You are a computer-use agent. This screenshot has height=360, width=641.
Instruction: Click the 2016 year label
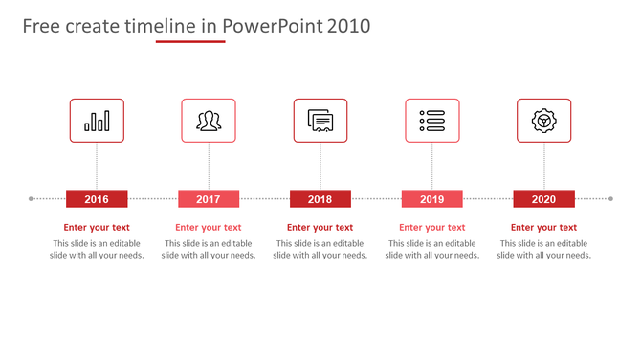pos(97,199)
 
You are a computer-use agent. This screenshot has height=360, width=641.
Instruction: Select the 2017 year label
pos(209,199)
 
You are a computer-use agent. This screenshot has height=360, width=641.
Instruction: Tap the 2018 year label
pos(320,199)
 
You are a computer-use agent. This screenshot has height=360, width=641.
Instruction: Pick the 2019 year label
pos(431,199)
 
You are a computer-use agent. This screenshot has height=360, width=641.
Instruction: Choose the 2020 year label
pos(543,199)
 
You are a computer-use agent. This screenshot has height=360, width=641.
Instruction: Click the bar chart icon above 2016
pos(97,121)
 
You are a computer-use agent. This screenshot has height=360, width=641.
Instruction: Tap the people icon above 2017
pos(209,121)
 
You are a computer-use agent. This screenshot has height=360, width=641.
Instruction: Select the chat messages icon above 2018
pos(320,121)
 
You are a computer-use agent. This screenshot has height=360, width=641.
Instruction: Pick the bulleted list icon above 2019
pos(431,121)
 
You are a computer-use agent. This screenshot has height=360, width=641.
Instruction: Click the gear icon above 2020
pos(543,121)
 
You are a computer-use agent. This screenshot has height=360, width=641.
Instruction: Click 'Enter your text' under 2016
pos(97,228)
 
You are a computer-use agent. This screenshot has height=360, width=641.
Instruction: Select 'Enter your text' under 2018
pos(320,228)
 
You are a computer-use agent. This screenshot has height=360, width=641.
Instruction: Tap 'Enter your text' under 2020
pos(543,228)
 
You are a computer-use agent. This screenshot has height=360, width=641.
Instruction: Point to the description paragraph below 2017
pos(209,250)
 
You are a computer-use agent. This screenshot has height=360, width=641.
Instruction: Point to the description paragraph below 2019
pos(431,250)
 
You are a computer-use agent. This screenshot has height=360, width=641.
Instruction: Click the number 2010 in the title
pos(348,27)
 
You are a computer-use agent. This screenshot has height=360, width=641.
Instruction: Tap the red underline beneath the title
pos(190,42)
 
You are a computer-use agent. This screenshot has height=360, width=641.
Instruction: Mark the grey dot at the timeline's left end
pos(32,199)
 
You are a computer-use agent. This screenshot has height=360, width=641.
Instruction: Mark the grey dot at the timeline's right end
pos(610,199)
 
